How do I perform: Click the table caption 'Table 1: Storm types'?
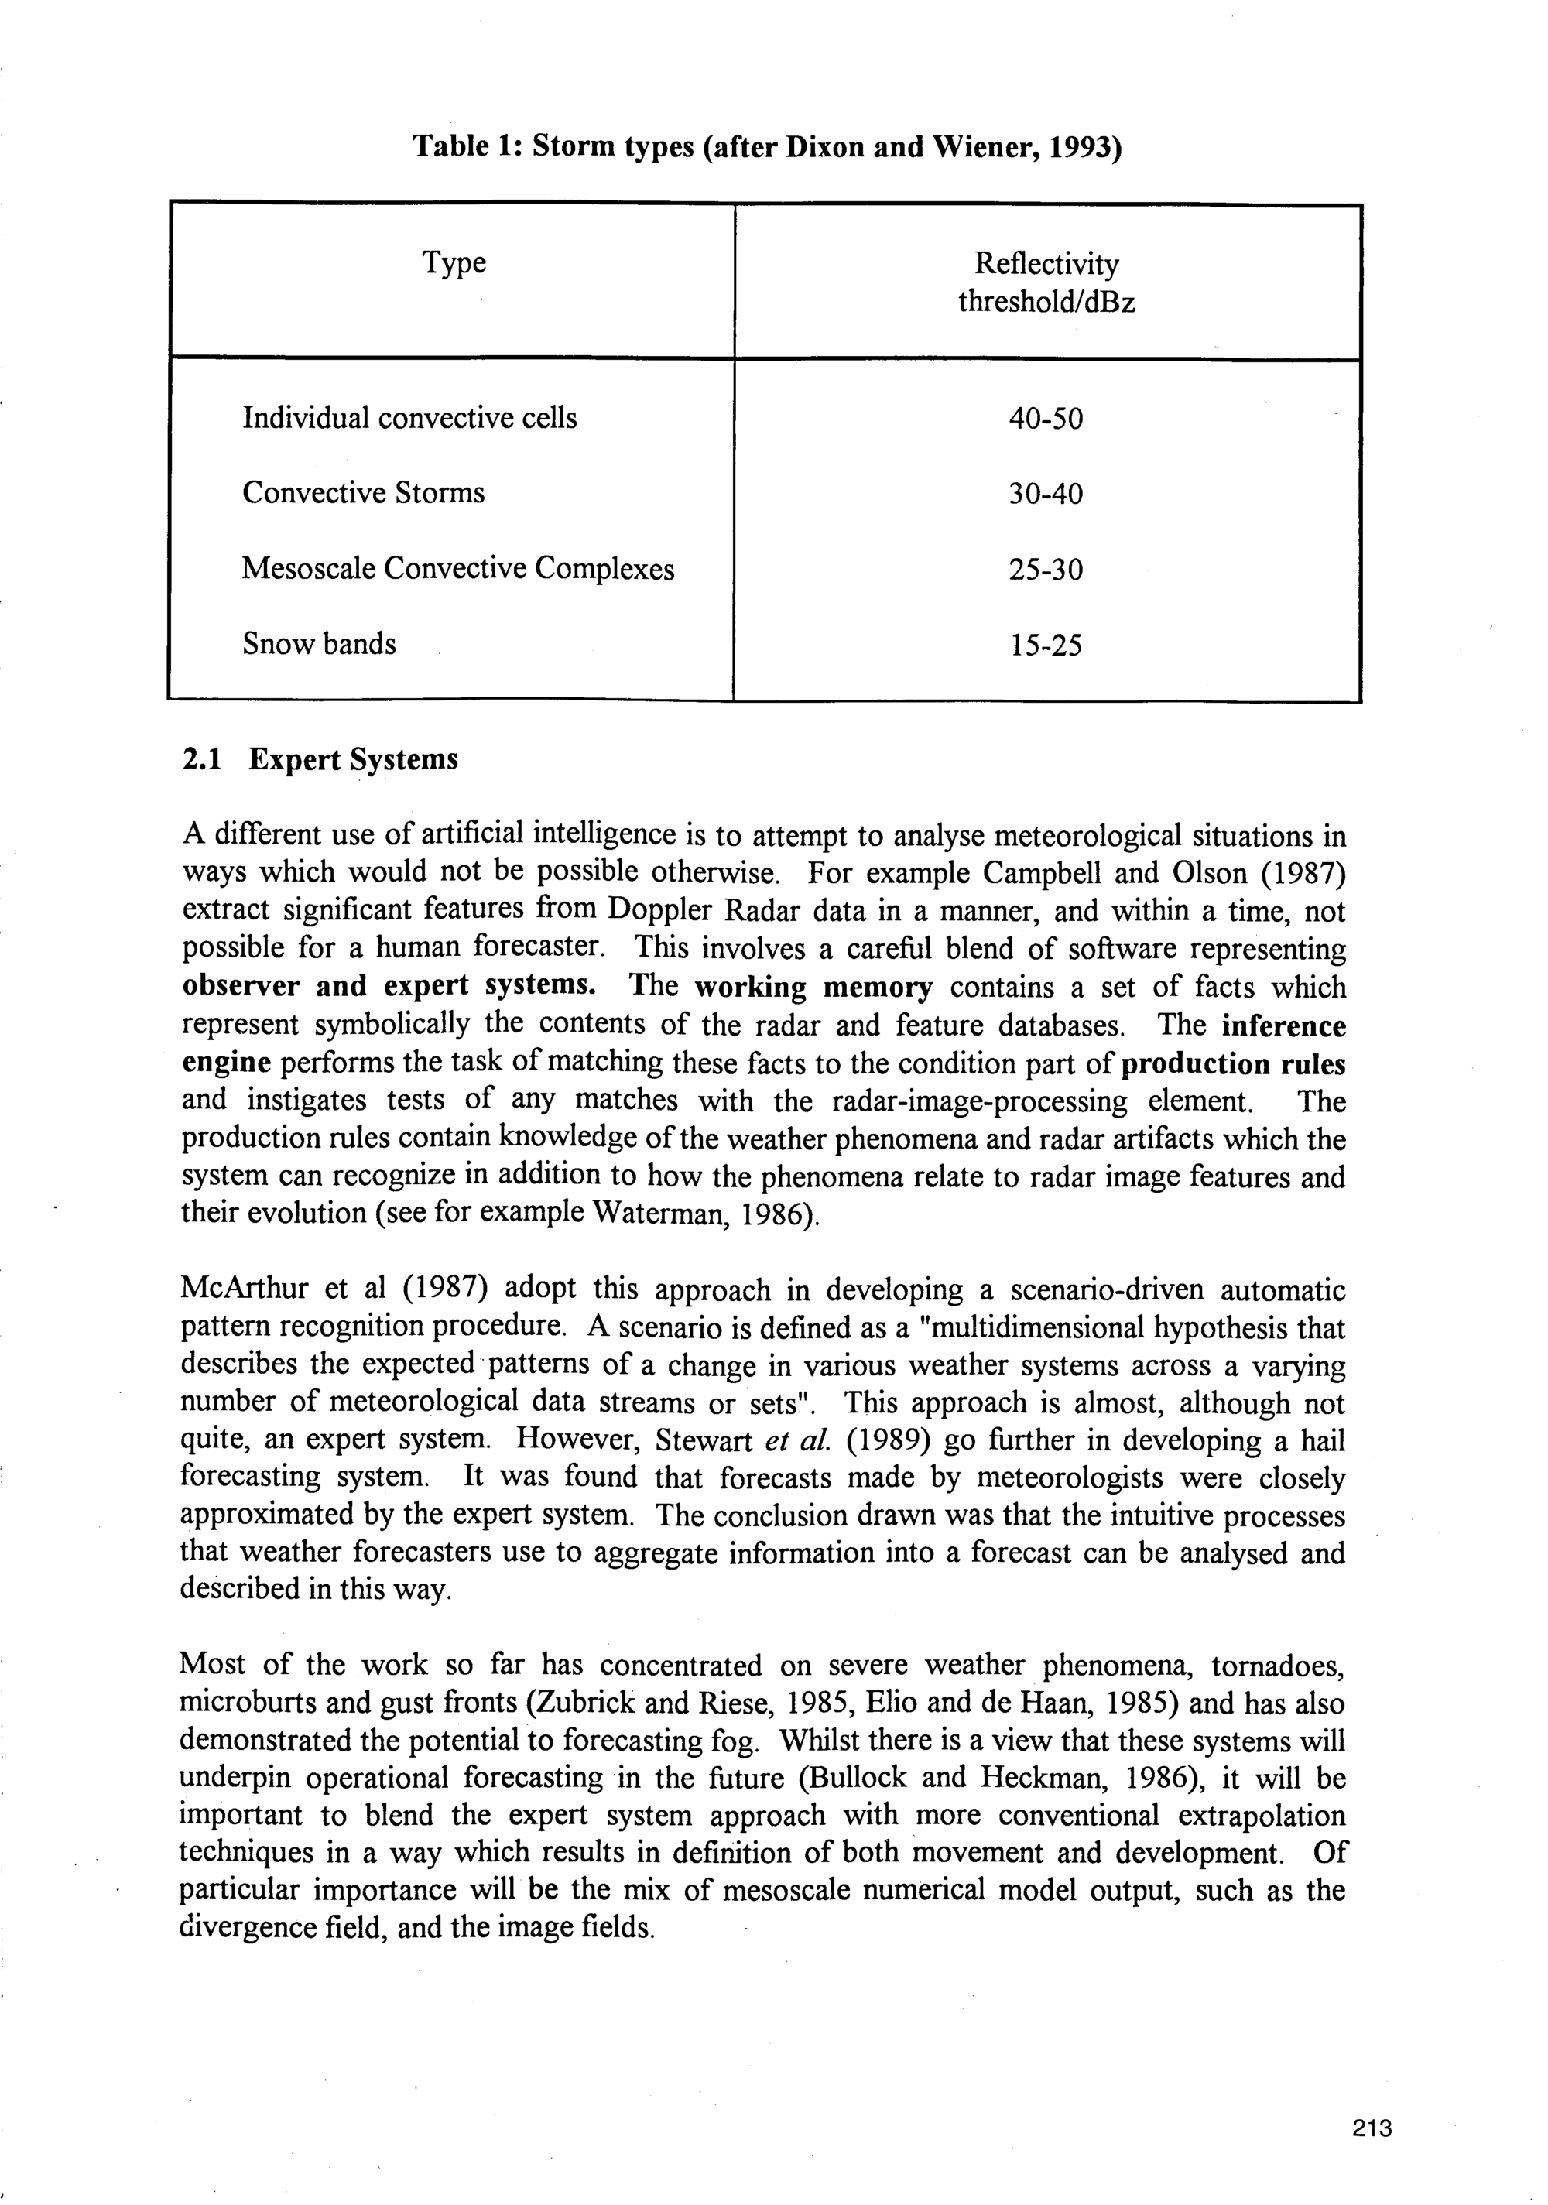766,147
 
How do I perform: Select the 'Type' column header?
454,262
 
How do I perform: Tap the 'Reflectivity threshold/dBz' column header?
1046,282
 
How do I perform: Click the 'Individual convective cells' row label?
409,418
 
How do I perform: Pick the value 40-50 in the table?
1045,419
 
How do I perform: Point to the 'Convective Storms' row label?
363,493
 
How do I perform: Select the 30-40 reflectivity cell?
1045,494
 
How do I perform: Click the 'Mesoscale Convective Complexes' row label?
457,569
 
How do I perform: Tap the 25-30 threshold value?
1045,570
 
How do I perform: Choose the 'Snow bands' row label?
319,643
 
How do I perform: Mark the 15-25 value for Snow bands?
1045,645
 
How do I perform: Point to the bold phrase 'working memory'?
813,988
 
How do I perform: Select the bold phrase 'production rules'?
1233,1064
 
